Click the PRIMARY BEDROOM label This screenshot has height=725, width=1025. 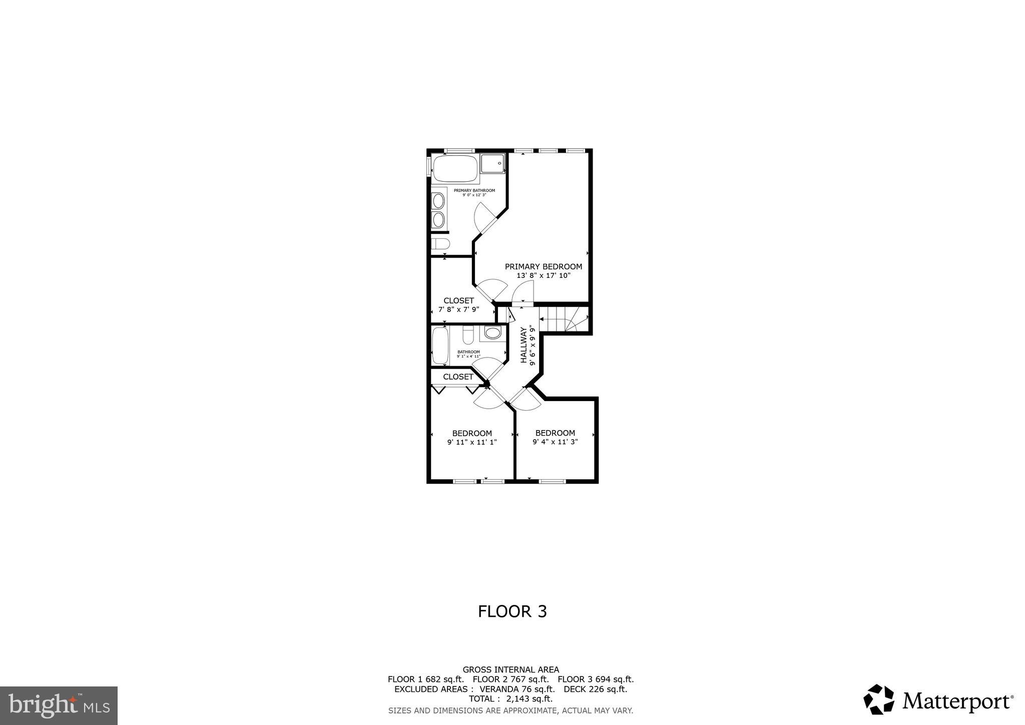(543, 267)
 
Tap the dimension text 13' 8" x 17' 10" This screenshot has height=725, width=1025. (543, 275)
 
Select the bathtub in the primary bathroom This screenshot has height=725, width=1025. (455, 169)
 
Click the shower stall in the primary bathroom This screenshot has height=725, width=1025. (492, 164)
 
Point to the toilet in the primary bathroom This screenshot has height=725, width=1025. (441, 244)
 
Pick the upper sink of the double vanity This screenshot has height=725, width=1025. (438, 201)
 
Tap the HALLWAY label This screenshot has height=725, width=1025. (524, 345)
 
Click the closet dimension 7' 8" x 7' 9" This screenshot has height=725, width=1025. (458, 309)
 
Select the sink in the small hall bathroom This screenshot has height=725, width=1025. (492, 333)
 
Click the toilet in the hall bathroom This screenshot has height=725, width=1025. (468, 335)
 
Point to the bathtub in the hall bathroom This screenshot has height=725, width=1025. (440, 345)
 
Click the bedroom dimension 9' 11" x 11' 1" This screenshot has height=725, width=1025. (471, 442)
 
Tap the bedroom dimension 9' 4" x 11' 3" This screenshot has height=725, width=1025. (555, 442)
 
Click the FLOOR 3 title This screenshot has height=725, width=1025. (512, 611)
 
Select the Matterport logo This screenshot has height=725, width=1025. (938, 700)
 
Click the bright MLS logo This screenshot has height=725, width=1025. (59, 705)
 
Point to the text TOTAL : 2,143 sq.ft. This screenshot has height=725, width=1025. (510, 698)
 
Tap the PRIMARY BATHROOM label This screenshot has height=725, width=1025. (474, 190)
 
